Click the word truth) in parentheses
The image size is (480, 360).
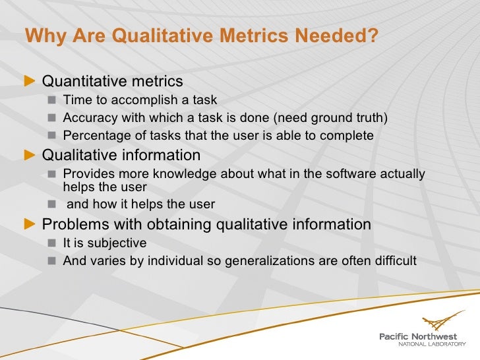(371, 118)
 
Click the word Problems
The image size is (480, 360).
(73, 225)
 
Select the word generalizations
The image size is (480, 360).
(270, 260)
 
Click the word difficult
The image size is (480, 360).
(394, 260)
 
